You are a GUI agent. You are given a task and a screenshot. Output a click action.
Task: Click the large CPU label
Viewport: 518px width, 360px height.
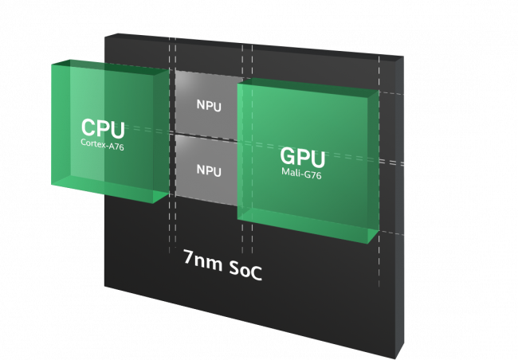103,128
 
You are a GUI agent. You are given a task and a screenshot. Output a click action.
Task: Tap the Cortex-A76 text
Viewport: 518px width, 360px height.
103,145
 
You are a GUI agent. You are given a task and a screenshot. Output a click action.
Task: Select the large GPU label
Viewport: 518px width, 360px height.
303,158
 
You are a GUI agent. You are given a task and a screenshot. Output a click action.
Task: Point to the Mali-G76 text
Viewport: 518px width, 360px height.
301,173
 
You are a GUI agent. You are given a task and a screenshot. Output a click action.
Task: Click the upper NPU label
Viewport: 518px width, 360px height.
209,106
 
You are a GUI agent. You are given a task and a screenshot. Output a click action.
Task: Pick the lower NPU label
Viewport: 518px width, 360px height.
209,170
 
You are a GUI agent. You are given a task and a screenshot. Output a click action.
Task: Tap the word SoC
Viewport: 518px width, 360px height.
245,271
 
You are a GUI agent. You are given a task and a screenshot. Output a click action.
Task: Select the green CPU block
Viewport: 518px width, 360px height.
111,131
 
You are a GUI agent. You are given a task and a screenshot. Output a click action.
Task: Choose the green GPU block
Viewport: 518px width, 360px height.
308,162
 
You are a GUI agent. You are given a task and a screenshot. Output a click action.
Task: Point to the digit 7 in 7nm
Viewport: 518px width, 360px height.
188,256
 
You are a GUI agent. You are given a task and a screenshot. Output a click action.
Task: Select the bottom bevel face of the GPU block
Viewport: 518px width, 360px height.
308,225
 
